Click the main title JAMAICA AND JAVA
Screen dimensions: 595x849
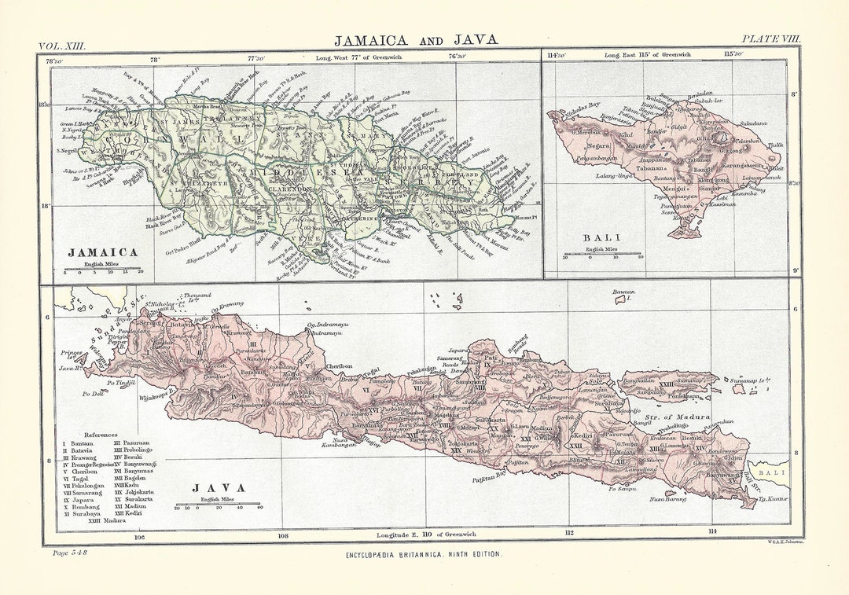coord(416,40)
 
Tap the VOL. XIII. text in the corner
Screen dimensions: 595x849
coord(62,46)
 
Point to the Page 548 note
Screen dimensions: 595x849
coord(68,553)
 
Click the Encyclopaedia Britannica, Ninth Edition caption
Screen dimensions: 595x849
coord(424,554)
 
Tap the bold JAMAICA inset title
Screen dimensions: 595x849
coord(103,252)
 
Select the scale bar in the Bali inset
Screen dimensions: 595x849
coord(601,255)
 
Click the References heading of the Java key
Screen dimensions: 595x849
coord(101,434)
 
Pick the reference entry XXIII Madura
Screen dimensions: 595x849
coord(107,520)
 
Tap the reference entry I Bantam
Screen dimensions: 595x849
coord(78,443)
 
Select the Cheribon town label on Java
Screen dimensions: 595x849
coord(339,366)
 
